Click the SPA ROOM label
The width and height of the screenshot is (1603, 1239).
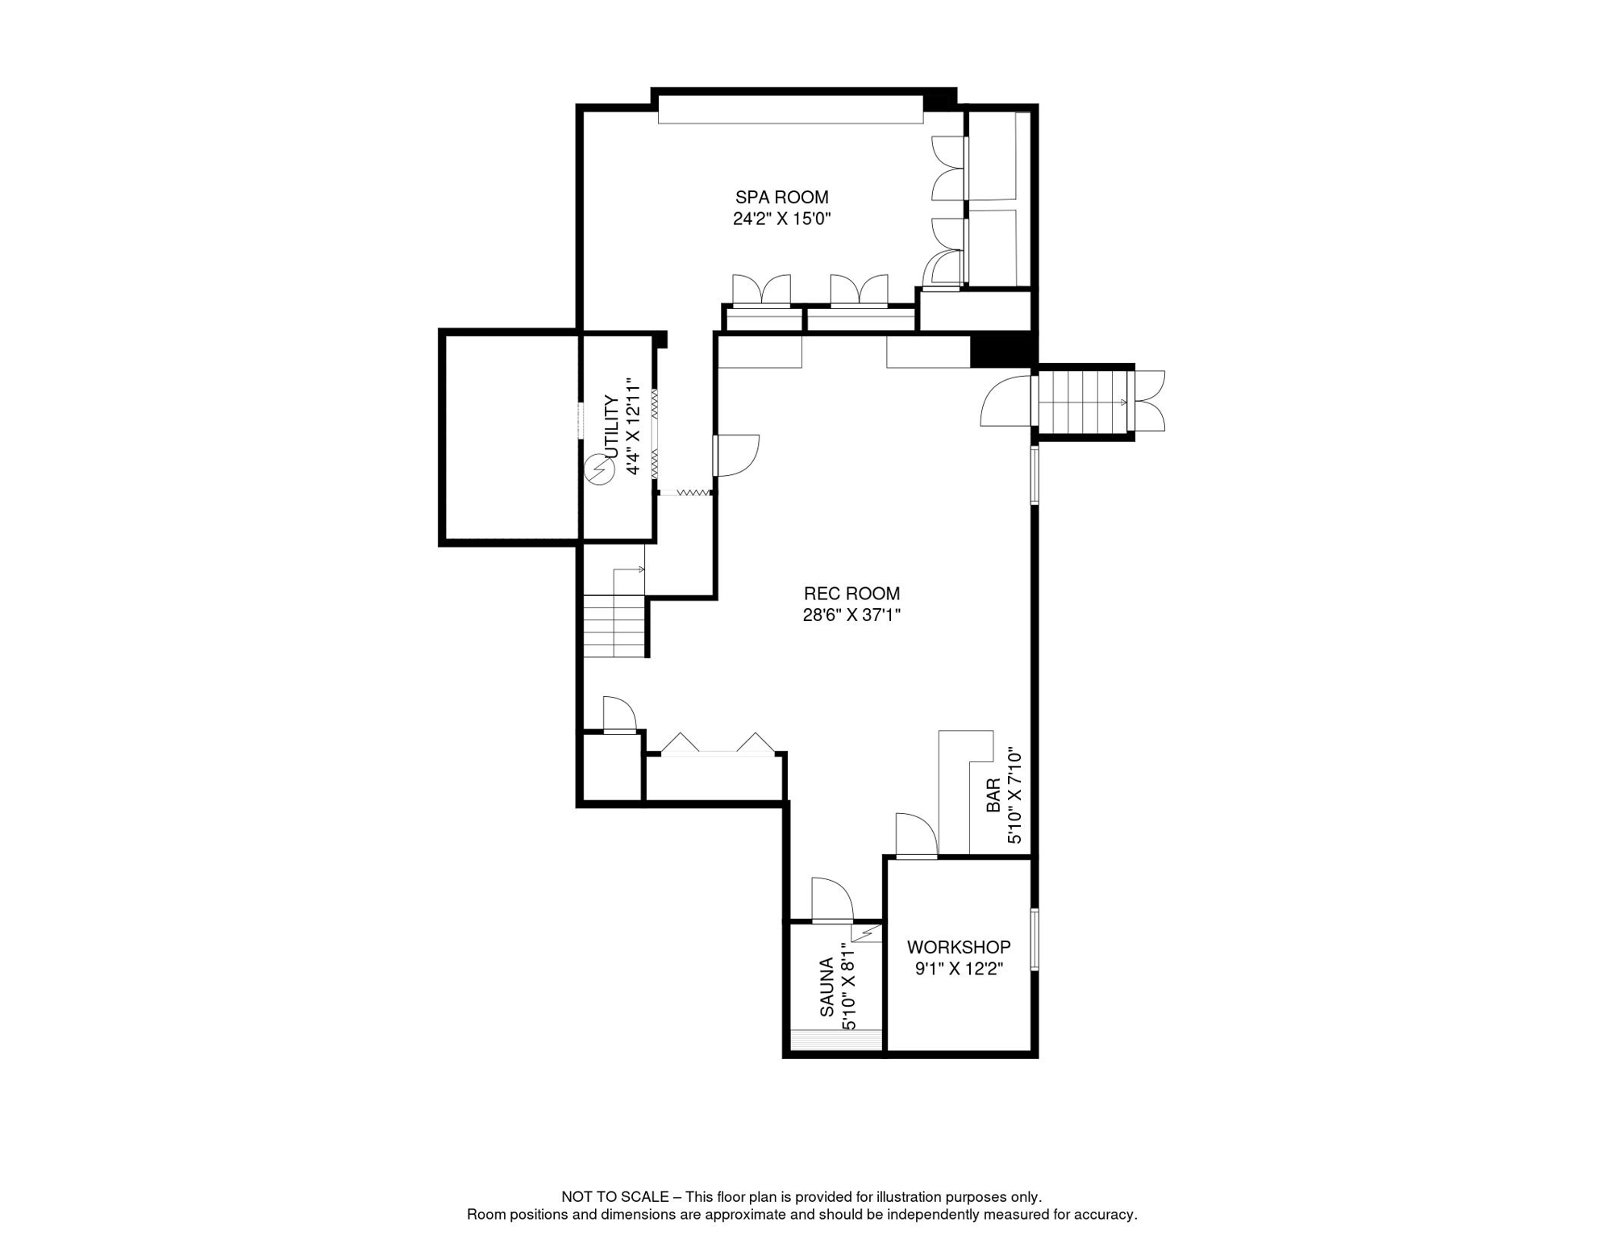pos(781,197)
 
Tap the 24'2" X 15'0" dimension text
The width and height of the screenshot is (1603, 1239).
pos(781,219)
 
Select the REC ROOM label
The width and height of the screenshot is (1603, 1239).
pos(851,594)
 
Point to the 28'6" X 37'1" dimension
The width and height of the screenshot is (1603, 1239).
pos(851,615)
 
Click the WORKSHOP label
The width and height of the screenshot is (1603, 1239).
pos(959,947)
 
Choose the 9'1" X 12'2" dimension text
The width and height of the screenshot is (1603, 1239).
pos(959,969)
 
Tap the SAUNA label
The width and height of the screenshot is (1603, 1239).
pos(826,987)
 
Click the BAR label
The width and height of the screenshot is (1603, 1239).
pos(993,795)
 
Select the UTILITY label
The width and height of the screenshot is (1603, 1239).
pos(611,427)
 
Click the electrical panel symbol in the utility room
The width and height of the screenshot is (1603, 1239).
pos(600,470)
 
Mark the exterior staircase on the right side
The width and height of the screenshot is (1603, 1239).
pos(1085,402)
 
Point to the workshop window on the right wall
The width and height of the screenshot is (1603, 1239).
pos(1035,940)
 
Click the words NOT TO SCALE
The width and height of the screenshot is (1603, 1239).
pos(615,1197)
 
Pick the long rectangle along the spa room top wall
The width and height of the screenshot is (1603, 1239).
pos(790,110)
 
